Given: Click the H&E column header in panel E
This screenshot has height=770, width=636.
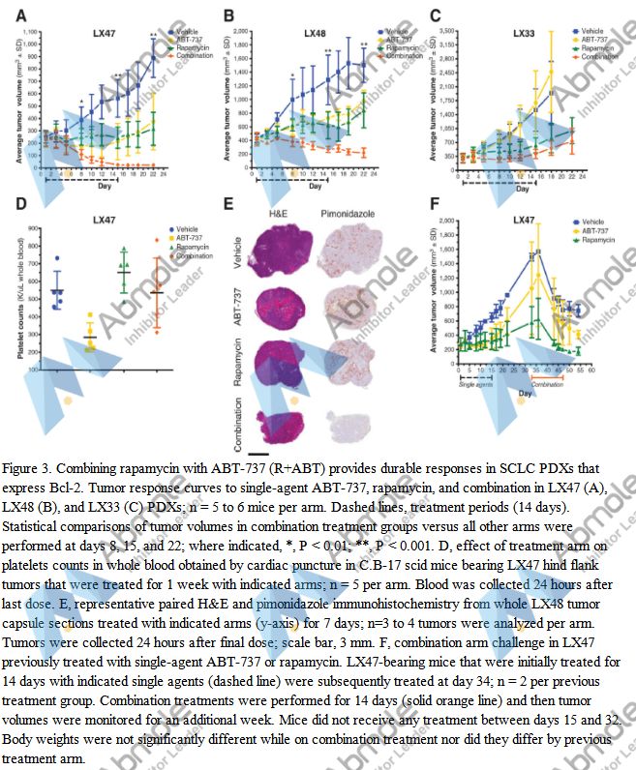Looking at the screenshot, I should pos(278,212).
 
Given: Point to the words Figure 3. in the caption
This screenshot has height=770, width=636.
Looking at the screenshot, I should pos(28,468).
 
